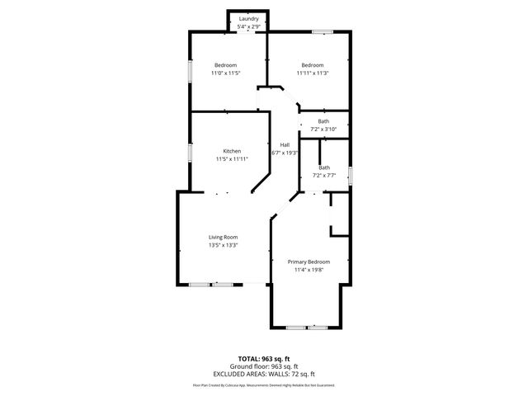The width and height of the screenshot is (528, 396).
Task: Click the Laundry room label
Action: click(x=248, y=18)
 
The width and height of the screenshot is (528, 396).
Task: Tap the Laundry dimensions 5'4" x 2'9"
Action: click(x=248, y=27)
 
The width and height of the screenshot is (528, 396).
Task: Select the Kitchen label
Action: click(x=232, y=151)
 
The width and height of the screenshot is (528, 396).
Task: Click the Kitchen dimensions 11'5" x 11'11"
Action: click(x=232, y=159)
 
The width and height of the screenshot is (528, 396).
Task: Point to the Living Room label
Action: click(x=223, y=238)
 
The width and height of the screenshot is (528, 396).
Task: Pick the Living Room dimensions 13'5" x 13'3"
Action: click(x=223, y=246)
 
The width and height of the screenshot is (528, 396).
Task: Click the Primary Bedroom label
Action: click(x=309, y=262)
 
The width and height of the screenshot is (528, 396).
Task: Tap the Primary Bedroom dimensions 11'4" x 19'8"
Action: click(x=309, y=270)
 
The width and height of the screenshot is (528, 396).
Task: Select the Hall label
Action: click(x=285, y=144)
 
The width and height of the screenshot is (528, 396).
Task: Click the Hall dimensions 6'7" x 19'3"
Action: click(x=285, y=153)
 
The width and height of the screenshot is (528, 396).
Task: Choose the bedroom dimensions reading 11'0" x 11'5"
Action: click(x=226, y=73)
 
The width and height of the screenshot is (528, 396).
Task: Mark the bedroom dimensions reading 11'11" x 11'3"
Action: click(x=313, y=73)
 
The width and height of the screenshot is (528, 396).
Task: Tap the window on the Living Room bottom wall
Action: click(x=211, y=285)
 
